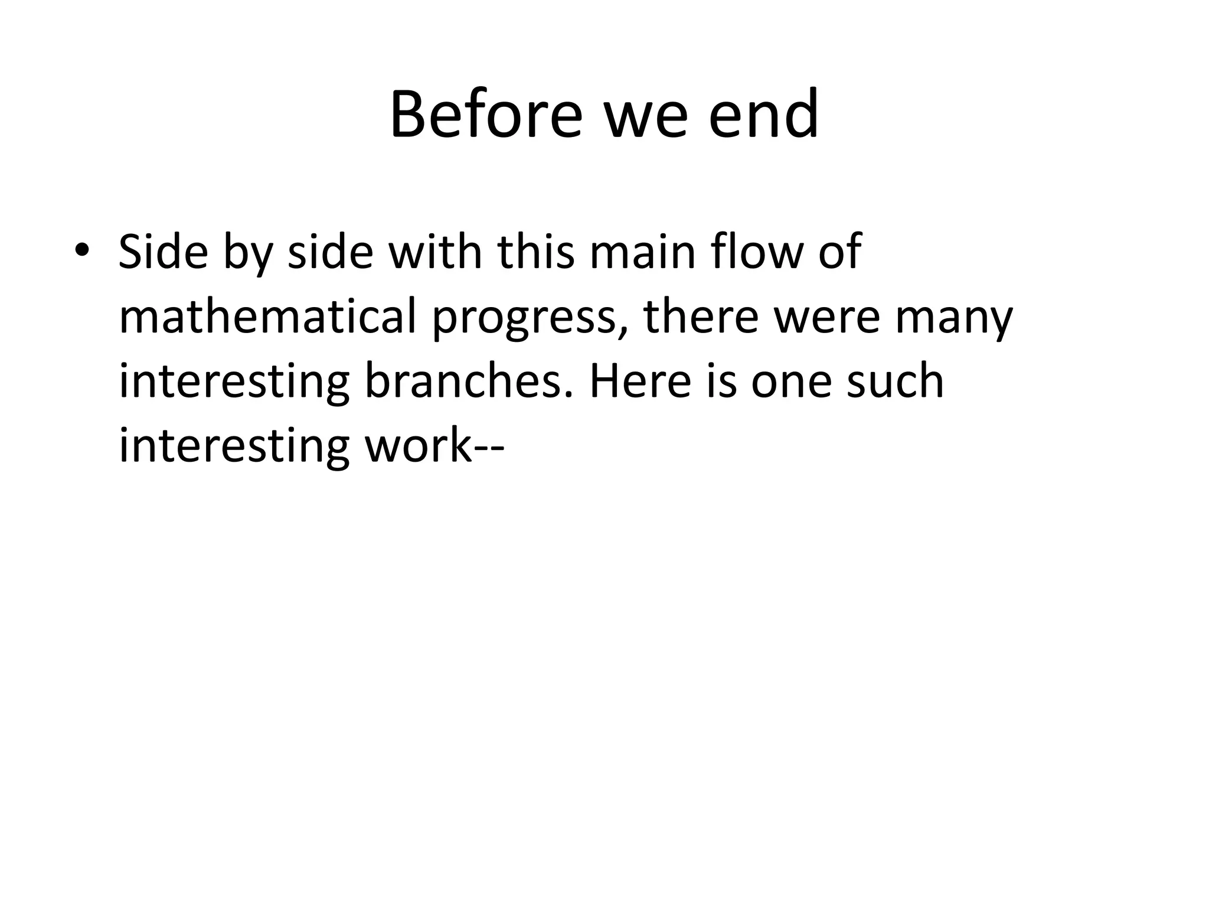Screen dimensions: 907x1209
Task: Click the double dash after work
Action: point(489,448)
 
